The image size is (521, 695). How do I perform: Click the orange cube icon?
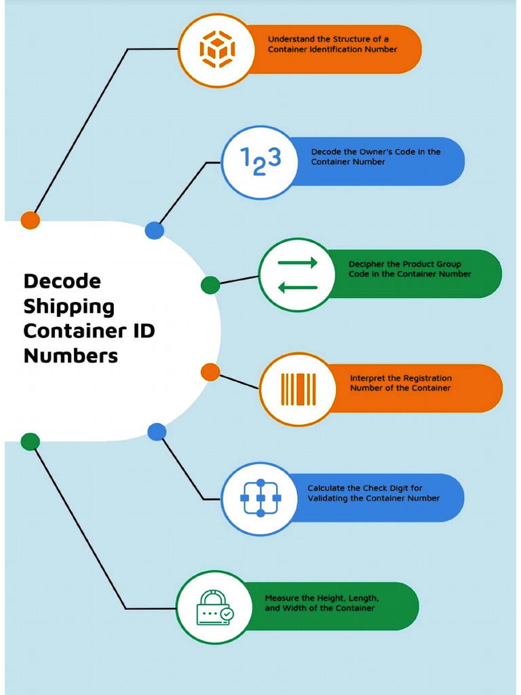pyautogui.click(x=217, y=50)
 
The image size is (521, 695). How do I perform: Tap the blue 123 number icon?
pyautogui.click(x=260, y=162)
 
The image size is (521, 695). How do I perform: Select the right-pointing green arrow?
pyautogui.click(x=298, y=263)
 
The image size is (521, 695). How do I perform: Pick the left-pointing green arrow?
pyautogui.click(x=298, y=287)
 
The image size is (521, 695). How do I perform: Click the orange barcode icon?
pyautogui.click(x=298, y=389)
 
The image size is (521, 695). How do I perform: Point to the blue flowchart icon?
pyautogui.click(x=260, y=498)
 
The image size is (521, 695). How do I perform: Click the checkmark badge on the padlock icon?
pyautogui.click(x=227, y=614)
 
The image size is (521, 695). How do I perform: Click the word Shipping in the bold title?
pyautogui.click(x=69, y=306)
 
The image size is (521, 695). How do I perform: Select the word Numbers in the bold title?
pyautogui.click(x=71, y=356)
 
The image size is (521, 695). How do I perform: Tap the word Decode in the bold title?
pyautogui.click(x=62, y=281)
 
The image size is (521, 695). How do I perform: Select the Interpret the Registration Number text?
pyautogui.click(x=400, y=383)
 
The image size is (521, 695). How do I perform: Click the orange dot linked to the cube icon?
pyautogui.click(x=30, y=220)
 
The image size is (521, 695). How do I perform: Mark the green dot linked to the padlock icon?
pyautogui.click(x=30, y=442)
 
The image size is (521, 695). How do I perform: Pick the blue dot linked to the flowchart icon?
pyautogui.click(x=157, y=432)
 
